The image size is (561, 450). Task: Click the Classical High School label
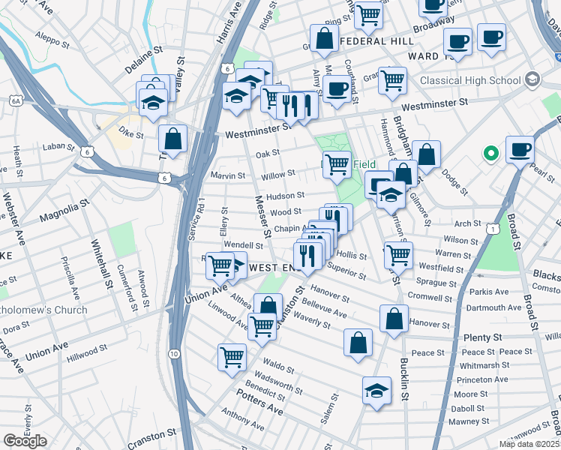pos(469,79)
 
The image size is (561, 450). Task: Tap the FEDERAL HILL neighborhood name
pos(376,41)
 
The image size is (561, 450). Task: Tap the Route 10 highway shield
pos(174,353)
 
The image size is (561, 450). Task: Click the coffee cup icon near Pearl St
pos(520,148)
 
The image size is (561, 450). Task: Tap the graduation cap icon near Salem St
pos(376,390)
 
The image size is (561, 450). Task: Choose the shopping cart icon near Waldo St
pos(232,356)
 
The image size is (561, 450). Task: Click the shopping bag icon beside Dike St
pos(172,138)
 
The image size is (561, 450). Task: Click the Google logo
pos(25,441)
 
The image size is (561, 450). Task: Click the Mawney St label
pos(470,421)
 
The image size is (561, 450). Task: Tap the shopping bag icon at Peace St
pos(358,342)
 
